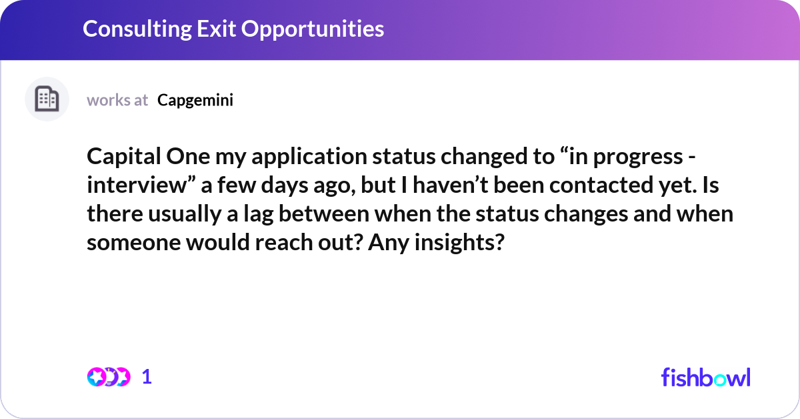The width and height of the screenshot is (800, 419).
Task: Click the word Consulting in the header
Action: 137,29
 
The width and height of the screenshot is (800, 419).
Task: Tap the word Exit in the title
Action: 216,28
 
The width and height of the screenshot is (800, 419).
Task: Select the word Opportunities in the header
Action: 313,29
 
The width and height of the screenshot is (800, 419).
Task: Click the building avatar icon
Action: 47,99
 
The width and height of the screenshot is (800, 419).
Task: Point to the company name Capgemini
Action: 195,101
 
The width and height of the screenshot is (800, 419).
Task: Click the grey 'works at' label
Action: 117,100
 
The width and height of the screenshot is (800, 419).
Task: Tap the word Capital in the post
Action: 124,157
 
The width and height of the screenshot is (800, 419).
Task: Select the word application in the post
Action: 309,157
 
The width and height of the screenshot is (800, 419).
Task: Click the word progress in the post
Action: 638,157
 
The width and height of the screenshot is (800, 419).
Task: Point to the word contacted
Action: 601,185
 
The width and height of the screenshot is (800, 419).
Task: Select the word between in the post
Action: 323,214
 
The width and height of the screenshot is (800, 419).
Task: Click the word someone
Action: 134,243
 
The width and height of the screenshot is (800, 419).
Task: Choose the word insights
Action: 459,243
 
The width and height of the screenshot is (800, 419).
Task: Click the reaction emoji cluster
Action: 109,377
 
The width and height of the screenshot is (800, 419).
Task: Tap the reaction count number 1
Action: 147,377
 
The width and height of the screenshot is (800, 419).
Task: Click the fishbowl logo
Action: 706,378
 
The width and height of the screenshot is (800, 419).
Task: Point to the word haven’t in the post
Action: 451,185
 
